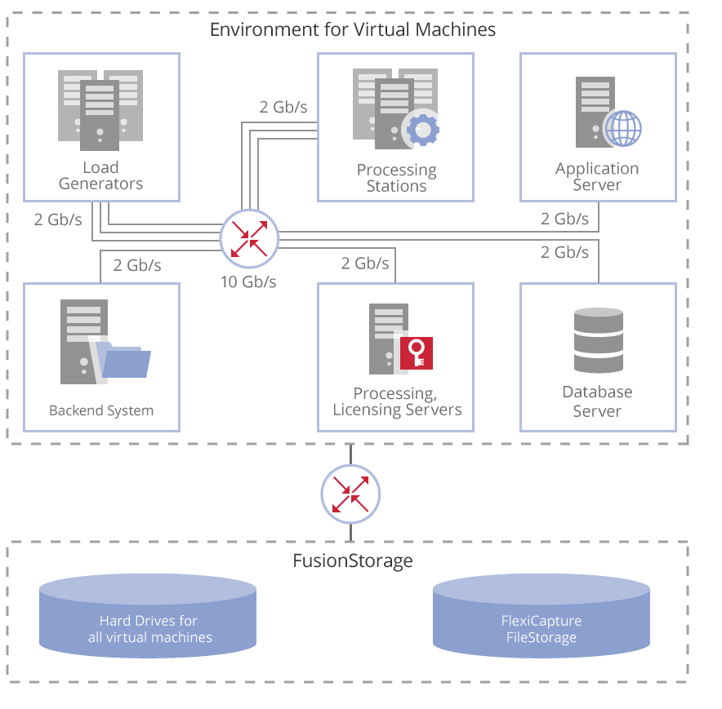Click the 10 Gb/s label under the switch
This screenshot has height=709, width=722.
(248, 282)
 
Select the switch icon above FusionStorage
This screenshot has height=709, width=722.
(350, 493)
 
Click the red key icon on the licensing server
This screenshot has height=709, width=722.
(417, 352)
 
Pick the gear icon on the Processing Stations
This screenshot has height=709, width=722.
(423, 129)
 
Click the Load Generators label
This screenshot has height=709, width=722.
(100, 175)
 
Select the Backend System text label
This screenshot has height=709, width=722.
(101, 410)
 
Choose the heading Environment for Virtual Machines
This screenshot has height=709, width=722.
(353, 30)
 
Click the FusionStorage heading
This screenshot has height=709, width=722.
(353, 561)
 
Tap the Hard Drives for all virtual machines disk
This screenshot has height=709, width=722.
(148, 616)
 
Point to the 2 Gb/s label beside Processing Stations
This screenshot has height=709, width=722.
(283, 107)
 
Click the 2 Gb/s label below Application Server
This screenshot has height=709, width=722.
(564, 219)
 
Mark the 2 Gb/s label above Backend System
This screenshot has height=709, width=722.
(137, 265)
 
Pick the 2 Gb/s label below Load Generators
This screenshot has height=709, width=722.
(58, 219)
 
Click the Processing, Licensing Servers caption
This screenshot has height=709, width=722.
(397, 401)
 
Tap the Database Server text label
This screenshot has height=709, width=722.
(597, 401)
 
